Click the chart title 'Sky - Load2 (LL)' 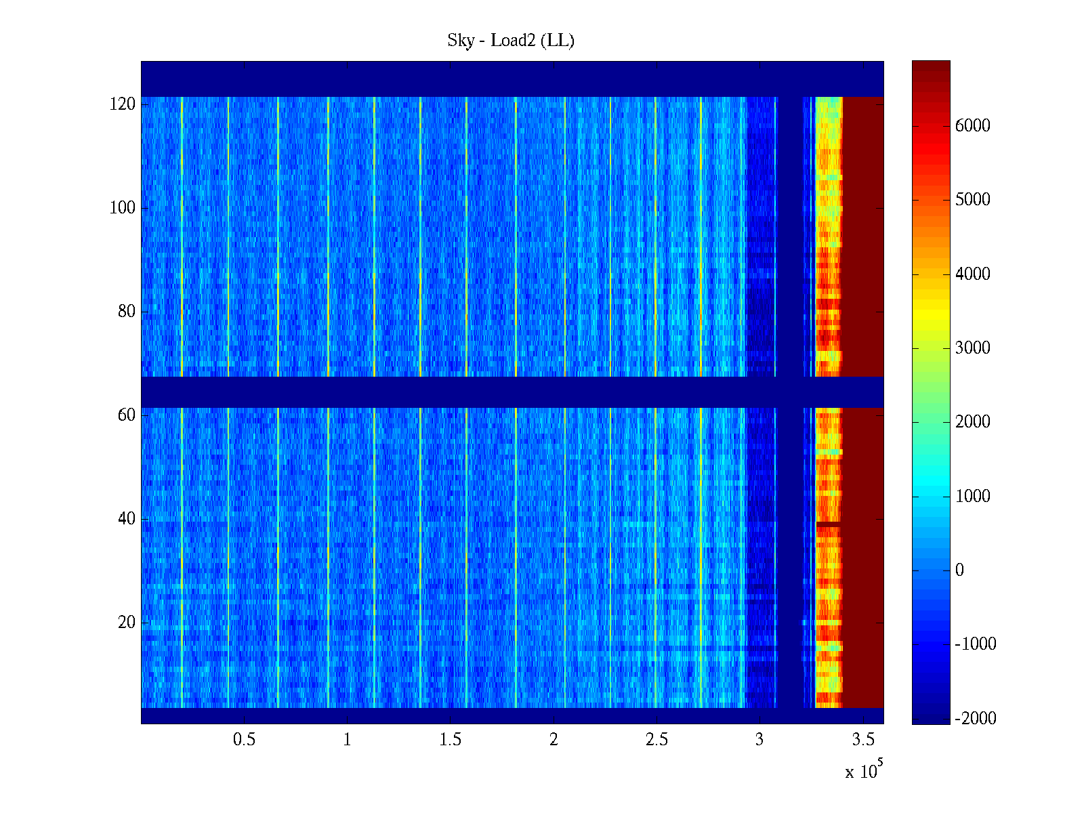pyautogui.click(x=511, y=41)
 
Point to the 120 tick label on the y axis pyautogui.click(x=123, y=104)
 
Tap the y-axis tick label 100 pyautogui.click(x=123, y=208)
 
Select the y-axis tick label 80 pyautogui.click(x=127, y=312)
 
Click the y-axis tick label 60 pyautogui.click(x=127, y=415)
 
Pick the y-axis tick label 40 pyautogui.click(x=127, y=519)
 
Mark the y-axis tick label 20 pyautogui.click(x=127, y=623)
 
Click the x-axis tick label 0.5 pyautogui.click(x=244, y=740)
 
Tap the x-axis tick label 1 pyautogui.click(x=347, y=740)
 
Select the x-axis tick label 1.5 pyautogui.click(x=450, y=740)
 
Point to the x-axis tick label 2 pyautogui.click(x=554, y=740)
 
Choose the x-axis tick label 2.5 pyautogui.click(x=656, y=740)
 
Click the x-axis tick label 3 pyautogui.click(x=759, y=740)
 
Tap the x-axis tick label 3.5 pyautogui.click(x=863, y=740)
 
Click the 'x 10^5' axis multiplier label pyautogui.click(x=864, y=771)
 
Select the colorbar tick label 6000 pyautogui.click(x=973, y=126)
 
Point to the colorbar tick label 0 pyautogui.click(x=959, y=570)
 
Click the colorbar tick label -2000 pyautogui.click(x=976, y=719)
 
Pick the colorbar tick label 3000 pyautogui.click(x=973, y=348)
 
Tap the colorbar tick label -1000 pyautogui.click(x=976, y=644)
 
